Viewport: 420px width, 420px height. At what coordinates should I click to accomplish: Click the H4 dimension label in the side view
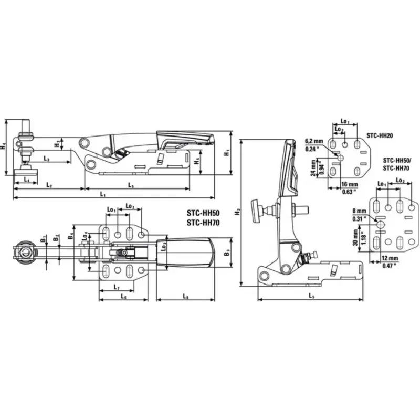4,148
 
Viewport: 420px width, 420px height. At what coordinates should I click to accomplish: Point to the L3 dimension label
47,159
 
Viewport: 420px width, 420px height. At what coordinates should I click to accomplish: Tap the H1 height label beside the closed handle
227,153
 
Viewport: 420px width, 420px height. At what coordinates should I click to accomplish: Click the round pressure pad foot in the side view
25,170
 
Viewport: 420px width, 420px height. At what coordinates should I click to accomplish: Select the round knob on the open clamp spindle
257,211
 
